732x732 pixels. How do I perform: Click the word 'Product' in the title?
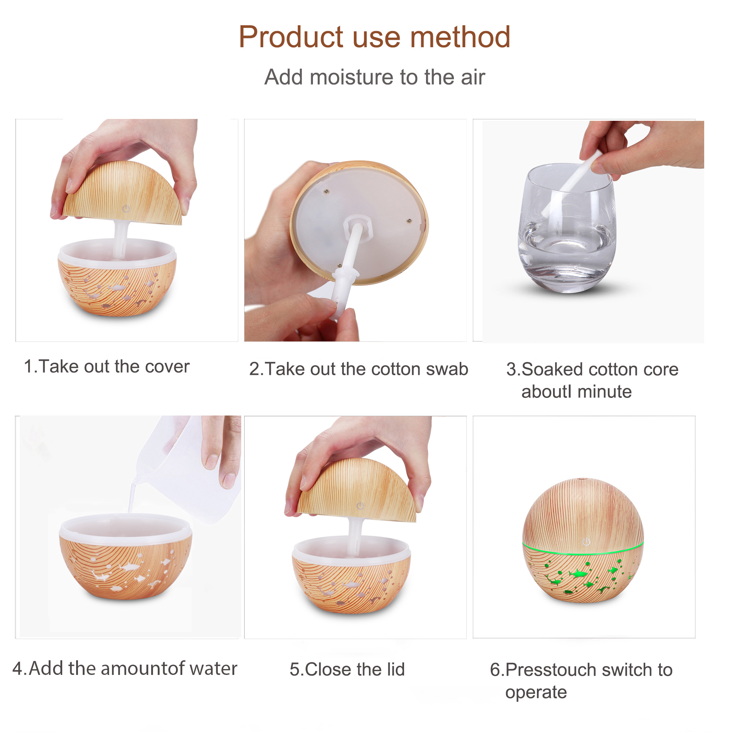tap(291, 37)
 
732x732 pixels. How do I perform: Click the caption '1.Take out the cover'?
tap(107, 367)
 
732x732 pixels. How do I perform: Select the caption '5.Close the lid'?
tap(347, 669)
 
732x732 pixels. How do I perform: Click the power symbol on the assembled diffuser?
tap(586, 541)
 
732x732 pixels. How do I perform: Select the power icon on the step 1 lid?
tap(126, 209)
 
